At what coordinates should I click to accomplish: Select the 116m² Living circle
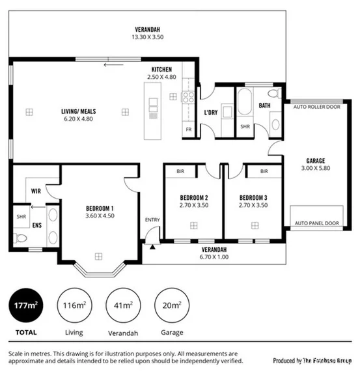coord(74,305)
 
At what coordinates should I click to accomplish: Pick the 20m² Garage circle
coord(172,305)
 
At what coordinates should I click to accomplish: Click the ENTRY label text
coord(152,219)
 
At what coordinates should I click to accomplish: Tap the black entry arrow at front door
coord(152,246)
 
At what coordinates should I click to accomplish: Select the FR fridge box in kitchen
coord(189,130)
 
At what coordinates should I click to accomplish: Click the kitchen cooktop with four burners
coord(189,97)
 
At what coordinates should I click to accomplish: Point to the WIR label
coord(36,191)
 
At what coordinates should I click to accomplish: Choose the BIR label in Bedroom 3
coord(264,171)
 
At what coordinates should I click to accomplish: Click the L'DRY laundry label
coord(210,112)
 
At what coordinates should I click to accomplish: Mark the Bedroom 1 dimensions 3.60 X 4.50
coord(100,216)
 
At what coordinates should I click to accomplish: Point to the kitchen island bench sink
coord(154,104)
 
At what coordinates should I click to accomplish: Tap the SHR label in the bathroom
coord(245,126)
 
